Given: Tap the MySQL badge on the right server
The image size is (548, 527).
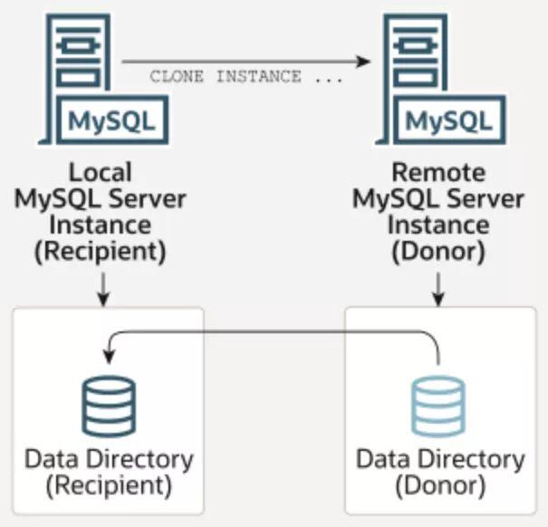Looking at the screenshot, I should point(449,120).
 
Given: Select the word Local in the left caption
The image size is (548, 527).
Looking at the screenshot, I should point(100,172).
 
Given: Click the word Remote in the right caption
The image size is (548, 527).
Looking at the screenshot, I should point(438,172).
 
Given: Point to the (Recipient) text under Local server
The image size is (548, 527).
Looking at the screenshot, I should point(100,250).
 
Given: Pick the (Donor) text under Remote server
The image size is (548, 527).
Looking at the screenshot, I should point(438,250).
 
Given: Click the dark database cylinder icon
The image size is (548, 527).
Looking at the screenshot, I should point(108,407).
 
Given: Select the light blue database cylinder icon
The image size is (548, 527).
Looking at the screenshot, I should point(438,407).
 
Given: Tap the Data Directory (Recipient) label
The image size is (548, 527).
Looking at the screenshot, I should point(108,471).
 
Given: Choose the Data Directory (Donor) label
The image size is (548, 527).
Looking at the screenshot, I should point(439,471).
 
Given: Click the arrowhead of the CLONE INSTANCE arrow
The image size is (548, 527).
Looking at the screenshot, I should point(365,62).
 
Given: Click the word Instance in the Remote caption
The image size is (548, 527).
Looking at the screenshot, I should point(438,224).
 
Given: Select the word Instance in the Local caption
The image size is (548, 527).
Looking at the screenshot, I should point(100,224).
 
